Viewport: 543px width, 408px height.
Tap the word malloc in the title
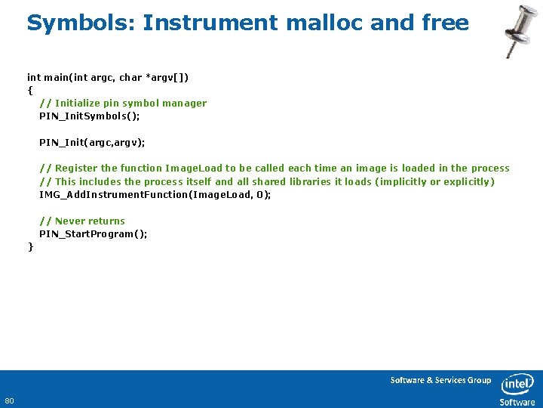(325, 23)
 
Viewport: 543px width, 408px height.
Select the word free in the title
(446, 23)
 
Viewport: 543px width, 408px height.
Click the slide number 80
(10, 400)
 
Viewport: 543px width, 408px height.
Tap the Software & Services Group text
(440, 380)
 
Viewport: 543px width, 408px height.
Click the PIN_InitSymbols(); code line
(90, 116)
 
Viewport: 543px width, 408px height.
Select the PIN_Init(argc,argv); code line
(92, 142)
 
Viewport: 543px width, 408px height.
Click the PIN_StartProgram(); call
(94, 233)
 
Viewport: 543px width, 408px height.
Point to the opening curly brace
(30, 90)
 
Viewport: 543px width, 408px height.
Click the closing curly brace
(30, 246)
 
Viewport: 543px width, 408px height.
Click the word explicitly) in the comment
(468, 181)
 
